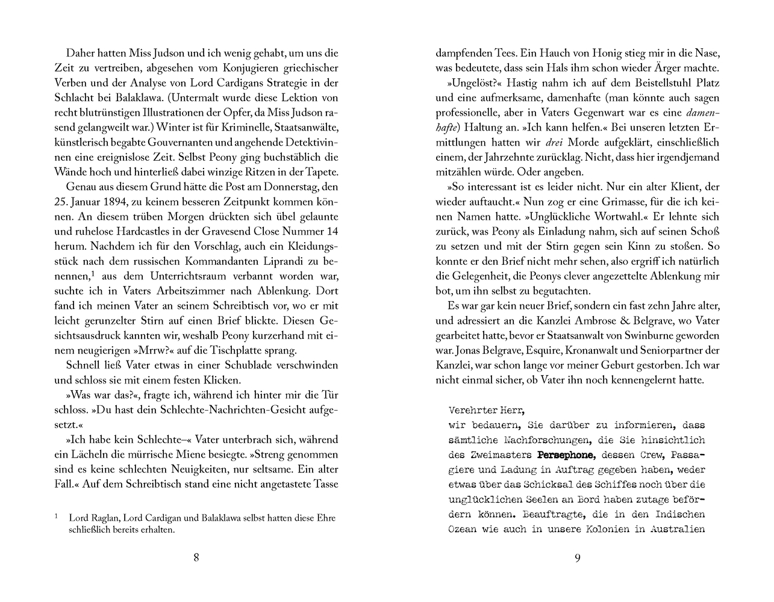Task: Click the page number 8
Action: point(196,557)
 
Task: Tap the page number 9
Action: point(578,557)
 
